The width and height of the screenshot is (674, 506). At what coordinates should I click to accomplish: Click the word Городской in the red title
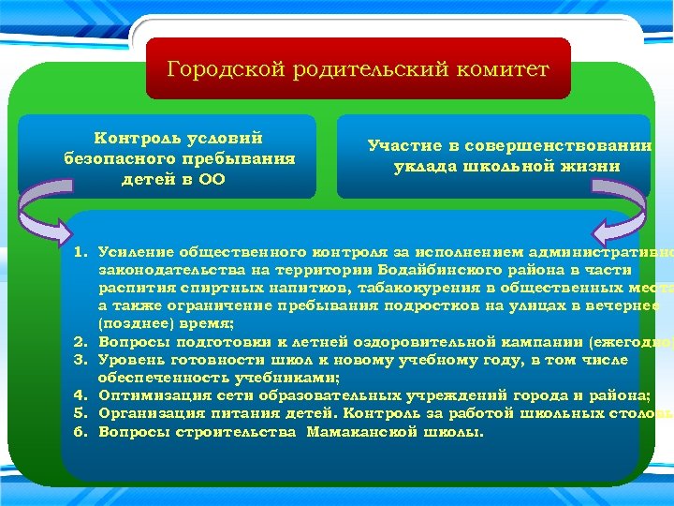tap(214, 69)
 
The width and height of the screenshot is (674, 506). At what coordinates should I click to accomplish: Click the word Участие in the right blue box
tap(403, 146)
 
